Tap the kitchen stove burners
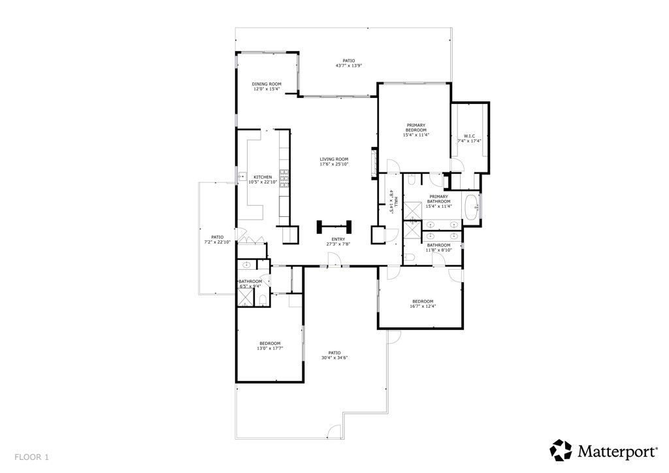(x=284, y=178)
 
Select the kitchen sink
(x=241, y=176)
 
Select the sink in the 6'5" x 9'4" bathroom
(x=246, y=265)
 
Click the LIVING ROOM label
(x=334, y=159)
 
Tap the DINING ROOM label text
(x=267, y=84)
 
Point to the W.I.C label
(x=469, y=136)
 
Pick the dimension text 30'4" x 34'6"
(x=334, y=357)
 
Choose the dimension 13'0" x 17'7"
(x=269, y=349)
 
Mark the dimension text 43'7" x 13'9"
(x=349, y=65)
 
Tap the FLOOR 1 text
(x=32, y=457)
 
